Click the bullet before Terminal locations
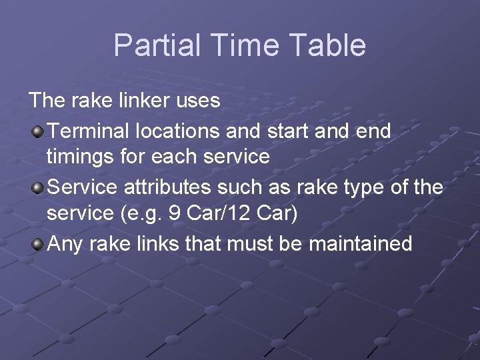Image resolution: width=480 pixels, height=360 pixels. [39, 130]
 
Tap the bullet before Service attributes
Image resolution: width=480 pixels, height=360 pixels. [39, 187]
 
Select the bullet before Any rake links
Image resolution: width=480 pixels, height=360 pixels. [39, 243]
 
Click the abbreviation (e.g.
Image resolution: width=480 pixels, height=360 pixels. [137, 215]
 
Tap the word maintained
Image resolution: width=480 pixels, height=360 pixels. [360, 243]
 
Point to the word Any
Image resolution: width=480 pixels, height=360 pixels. [65, 244]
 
